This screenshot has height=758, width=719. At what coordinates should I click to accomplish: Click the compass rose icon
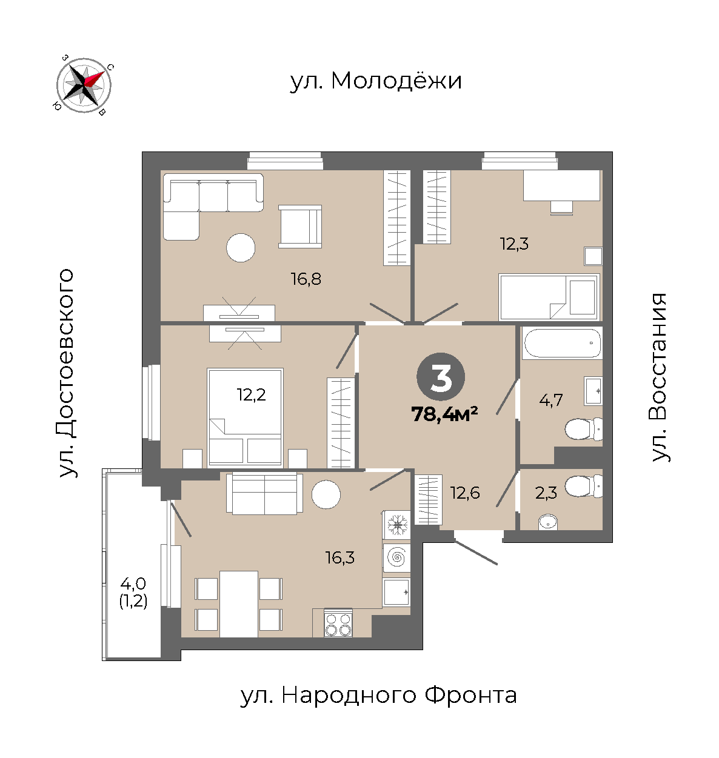click(x=84, y=85)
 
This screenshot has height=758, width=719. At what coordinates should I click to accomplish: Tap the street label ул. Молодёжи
click(x=376, y=81)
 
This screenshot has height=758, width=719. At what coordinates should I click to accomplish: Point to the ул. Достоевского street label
click(x=66, y=373)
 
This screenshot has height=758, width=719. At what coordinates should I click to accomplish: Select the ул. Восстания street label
click(x=660, y=377)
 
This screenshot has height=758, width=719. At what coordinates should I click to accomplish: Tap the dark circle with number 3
click(x=441, y=377)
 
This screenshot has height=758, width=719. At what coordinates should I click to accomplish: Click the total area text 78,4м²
click(x=445, y=414)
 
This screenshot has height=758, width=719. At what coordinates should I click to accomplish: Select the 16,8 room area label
click(x=306, y=279)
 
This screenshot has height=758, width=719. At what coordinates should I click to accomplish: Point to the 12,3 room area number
click(x=514, y=244)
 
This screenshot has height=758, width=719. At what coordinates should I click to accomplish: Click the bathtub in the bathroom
click(x=562, y=343)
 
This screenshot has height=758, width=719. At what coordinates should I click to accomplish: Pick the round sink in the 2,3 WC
click(x=547, y=522)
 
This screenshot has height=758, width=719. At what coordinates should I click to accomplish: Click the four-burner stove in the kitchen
click(x=338, y=623)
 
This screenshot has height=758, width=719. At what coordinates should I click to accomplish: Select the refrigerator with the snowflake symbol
click(x=396, y=525)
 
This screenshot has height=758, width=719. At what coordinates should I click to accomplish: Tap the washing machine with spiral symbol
click(x=396, y=557)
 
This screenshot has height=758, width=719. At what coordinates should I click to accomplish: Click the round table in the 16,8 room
click(x=241, y=248)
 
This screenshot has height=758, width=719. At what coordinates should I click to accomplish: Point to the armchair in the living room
click(x=300, y=227)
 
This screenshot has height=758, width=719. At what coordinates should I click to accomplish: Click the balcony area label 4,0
click(x=133, y=583)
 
